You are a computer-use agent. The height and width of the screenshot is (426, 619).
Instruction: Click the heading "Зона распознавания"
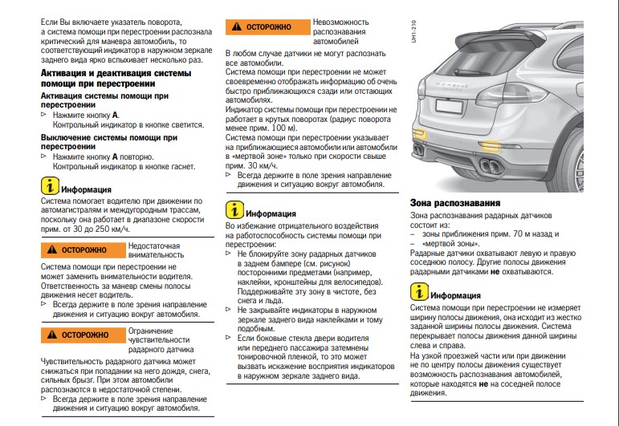point(455,204)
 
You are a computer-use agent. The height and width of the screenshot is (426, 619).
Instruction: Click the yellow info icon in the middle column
point(234,212)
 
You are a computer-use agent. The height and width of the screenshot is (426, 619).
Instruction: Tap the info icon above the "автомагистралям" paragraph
point(50,187)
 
